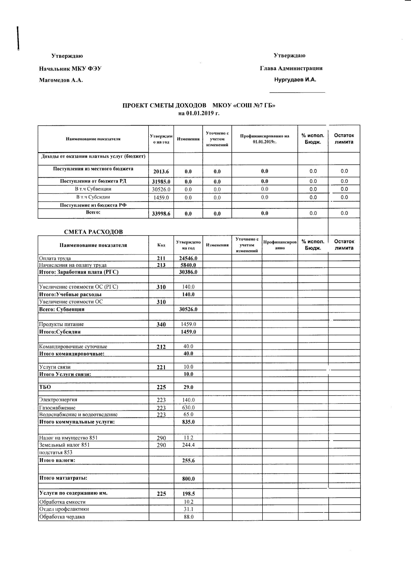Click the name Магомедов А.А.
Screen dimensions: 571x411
tap(61, 80)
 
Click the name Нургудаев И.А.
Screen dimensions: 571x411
tap(295, 80)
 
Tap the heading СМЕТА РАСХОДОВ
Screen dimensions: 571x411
tap(93, 232)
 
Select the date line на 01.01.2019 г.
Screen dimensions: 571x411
tap(199, 113)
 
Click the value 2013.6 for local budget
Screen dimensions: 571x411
tap(161, 172)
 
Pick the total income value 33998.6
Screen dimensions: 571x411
tap(161, 214)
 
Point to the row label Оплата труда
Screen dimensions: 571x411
tap(55, 258)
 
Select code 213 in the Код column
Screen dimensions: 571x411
tap(161, 265)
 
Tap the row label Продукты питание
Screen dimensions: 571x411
tap(61, 324)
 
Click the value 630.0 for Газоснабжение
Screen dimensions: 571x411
tap(188, 408)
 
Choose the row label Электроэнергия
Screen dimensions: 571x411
tap(58, 400)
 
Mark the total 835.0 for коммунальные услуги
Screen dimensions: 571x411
tap(188, 422)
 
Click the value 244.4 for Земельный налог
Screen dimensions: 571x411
tap(188, 445)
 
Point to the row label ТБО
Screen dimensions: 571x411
tap(45, 387)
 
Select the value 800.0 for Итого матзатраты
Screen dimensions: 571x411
tap(188, 479)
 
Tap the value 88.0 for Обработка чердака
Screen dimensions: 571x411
tap(188, 517)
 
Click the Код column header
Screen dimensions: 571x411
tap(161, 245)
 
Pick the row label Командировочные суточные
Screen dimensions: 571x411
tap(73, 347)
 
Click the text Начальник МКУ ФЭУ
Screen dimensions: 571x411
tap(70, 68)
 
